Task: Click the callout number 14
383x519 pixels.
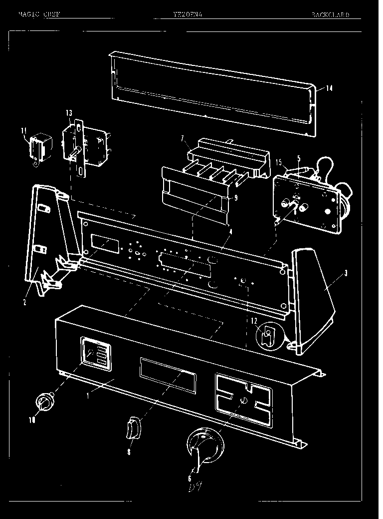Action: point(330,89)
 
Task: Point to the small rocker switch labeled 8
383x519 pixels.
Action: point(134,429)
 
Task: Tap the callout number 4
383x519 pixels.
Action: point(230,231)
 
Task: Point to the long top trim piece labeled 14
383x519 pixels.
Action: point(209,92)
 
